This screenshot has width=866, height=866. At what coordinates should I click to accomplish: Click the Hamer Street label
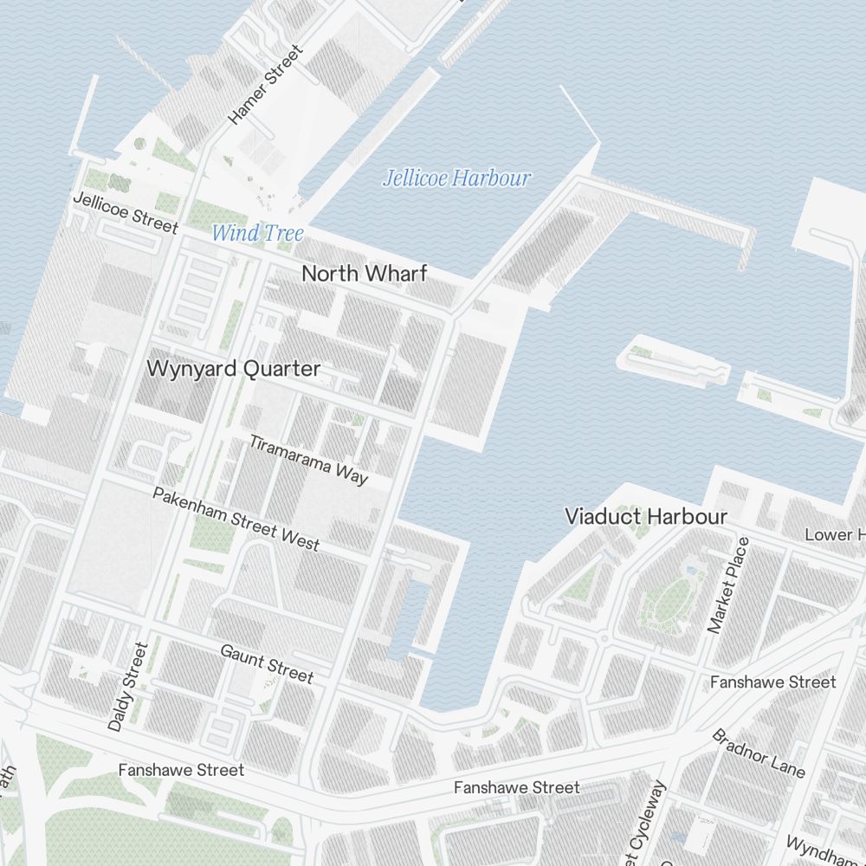266,85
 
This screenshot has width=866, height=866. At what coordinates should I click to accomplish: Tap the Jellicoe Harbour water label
456,179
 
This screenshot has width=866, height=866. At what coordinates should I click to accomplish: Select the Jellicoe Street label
125,213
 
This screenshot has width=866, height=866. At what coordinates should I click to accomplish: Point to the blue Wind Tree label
258,233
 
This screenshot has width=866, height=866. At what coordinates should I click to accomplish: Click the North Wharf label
364,274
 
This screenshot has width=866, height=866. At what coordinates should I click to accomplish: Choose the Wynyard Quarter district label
233,369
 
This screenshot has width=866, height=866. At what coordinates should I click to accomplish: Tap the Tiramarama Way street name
309,459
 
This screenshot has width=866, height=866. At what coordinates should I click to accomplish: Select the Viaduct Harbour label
645,517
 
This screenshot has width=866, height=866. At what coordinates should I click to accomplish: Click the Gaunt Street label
267,663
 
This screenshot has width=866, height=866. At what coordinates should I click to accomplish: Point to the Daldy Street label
128,687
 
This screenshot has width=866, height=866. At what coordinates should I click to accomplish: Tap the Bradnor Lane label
759,753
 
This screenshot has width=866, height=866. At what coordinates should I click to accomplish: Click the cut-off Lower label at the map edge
835,534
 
